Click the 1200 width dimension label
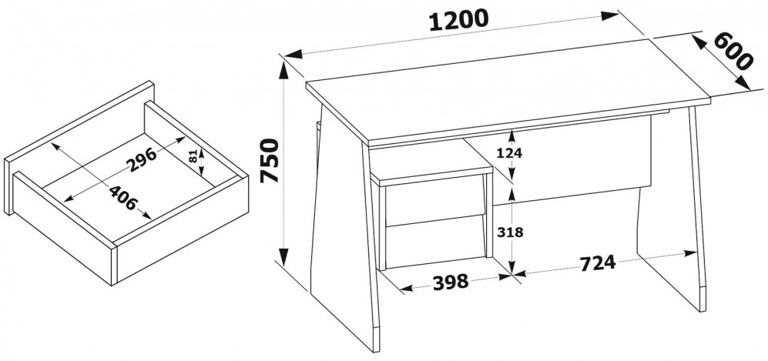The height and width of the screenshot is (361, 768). tap(459, 21)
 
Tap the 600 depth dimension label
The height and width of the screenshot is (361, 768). tap(733, 52)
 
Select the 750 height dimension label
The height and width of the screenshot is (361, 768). tap(270, 160)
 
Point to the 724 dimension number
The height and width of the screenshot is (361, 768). tap(598, 263)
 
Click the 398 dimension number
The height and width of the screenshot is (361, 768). tap(451, 282)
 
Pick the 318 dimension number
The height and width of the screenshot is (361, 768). tap(511, 232)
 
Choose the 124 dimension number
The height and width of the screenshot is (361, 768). tap(509, 153)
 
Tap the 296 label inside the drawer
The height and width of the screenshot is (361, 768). tap(142, 159)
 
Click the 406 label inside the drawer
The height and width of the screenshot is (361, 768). tap(122, 198)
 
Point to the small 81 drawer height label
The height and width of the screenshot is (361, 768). tap(193, 156)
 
